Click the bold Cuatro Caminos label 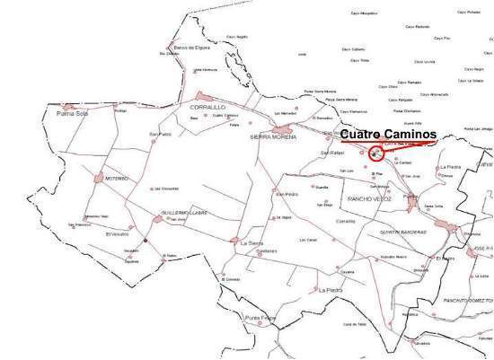click(387, 134)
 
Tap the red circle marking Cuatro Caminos click(375, 154)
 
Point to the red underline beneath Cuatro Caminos click(387, 143)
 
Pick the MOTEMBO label click(118, 179)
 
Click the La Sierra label click(251, 242)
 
